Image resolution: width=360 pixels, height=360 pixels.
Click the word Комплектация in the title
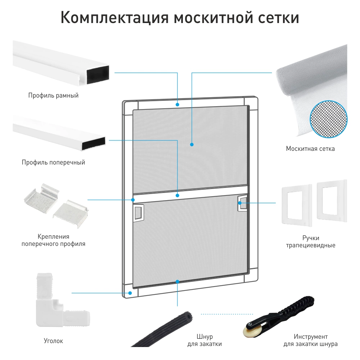pos(114,18)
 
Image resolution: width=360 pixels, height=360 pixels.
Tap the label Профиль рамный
pos(53,95)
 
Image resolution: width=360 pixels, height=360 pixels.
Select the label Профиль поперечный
pos(53,162)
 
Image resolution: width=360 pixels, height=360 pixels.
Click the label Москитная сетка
pos(310,149)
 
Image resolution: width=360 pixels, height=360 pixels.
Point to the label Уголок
pos(53,341)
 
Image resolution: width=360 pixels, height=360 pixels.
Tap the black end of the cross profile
pos(94,144)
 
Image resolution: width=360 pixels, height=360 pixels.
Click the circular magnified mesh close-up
pos(329,119)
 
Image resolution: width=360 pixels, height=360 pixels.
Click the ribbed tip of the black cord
pos(187,318)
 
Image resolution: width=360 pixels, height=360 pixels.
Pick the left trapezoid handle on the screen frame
pos(139,213)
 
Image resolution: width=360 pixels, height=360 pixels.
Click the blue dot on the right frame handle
pos(240,203)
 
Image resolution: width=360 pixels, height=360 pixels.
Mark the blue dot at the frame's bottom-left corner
pos(130,293)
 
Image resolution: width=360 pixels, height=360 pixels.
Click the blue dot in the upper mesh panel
pos(192,144)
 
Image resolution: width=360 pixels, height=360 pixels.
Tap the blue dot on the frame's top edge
pos(177,104)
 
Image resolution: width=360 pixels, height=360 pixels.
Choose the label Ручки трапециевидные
pos(311,242)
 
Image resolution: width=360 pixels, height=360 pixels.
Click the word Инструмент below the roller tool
pos(311,337)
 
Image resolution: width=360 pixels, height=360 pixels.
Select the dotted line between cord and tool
pos(227,314)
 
